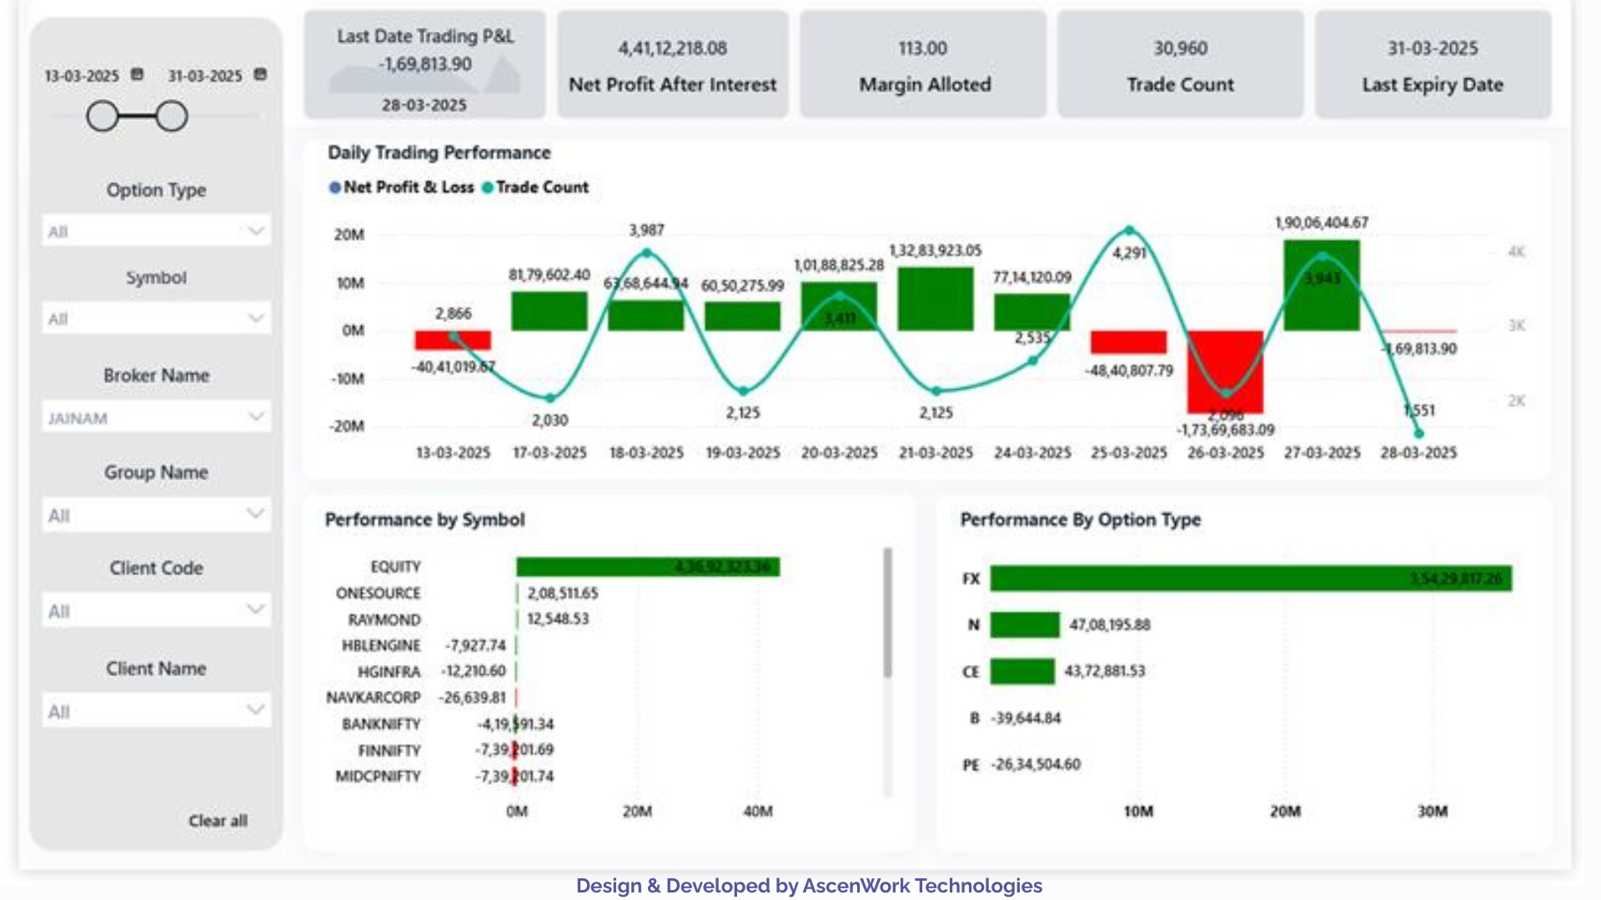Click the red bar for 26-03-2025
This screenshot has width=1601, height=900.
pyautogui.click(x=1225, y=371)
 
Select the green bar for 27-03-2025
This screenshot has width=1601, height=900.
pyautogui.click(x=1322, y=285)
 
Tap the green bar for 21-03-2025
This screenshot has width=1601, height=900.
pyautogui.click(x=936, y=298)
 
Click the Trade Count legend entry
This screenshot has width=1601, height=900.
pyautogui.click(x=541, y=187)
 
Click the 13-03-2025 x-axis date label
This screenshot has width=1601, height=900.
pyautogui.click(x=453, y=452)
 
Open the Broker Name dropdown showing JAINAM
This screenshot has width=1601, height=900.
pyautogui.click(x=156, y=417)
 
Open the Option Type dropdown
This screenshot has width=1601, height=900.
pyautogui.click(x=156, y=231)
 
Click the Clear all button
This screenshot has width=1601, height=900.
pyautogui.click(x=218, y=821)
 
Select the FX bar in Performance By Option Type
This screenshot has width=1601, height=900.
pyautogui.click(x=1250, y=578)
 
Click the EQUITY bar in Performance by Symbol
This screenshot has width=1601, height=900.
pyautogui.click(x=647, y=567)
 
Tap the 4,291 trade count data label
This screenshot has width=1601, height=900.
pyautogui.click(x=1129, y=252)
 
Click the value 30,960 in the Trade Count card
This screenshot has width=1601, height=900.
pyautogui.click(x=1180, y=48)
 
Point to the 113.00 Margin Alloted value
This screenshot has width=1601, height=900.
pyautogui.click(x=922, y=48)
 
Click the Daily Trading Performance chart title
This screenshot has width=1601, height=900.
pyautogui.click(x=439, y=152)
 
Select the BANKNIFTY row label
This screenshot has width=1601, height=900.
pyautogui.click(x=381, y=724)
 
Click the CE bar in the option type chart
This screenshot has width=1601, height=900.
pyautogui.click(x=1022, y=671)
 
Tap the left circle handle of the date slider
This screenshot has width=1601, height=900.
pyautogui.click(x=103, y=117)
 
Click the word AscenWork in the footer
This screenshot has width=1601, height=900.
pyautogui.click(x=856, y=886)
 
